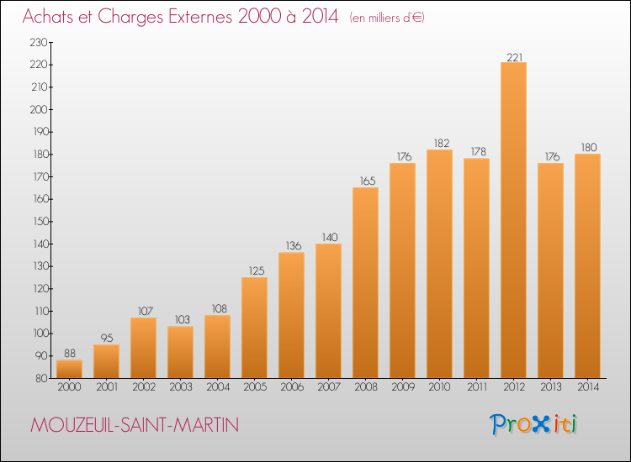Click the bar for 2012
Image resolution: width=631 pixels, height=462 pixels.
pos(513,220)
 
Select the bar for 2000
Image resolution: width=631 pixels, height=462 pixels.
pos(69,369)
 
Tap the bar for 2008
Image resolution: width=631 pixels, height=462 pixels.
pos(365,283)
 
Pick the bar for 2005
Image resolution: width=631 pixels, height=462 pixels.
pos(254,328)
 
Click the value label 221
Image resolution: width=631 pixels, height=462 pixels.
pos(514,57)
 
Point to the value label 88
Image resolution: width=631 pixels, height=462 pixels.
pos(70,353)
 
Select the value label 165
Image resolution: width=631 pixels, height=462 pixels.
pos(368,181)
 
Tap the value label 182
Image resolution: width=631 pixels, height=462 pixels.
pos(442,143)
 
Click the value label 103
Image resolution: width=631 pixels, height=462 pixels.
pos(183,319)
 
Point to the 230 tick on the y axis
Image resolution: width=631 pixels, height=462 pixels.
pos(39,42)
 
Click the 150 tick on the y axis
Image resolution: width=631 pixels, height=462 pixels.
pos(40,222)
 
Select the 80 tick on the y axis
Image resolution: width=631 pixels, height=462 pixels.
pos(41,378)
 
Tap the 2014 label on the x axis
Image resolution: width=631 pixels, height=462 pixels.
pos(588,387)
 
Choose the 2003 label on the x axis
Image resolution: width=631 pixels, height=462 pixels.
pos(181,387)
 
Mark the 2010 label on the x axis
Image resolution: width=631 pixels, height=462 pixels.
pos(439,387)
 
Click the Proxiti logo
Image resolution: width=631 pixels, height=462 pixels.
pos(533,424)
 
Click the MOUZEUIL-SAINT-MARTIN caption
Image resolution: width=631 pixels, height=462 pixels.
pos(135,425)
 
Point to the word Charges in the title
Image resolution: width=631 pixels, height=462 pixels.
pos(130,17)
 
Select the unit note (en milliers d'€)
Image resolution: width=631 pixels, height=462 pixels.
pos(387,18)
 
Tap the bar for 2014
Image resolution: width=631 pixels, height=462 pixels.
pos(587,266)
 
